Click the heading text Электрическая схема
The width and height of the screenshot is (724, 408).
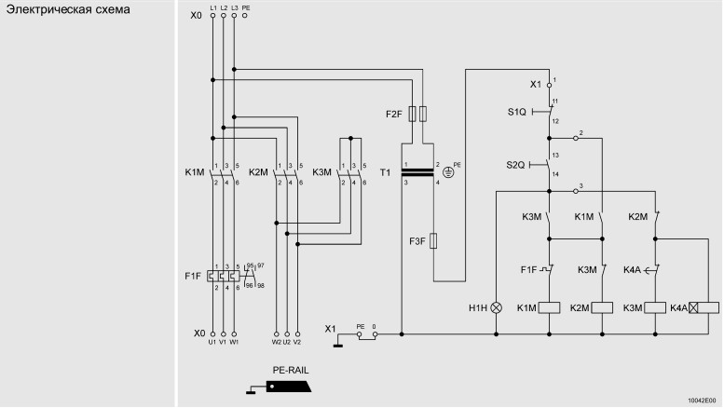(x=68, y=9)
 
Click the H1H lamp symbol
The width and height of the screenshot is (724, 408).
(x=497, y=307)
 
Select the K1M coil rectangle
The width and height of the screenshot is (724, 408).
(x=550, y=307)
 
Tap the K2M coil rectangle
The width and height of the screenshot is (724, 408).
(x=602, y=307)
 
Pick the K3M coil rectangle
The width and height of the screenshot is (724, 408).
(x=655, y=307)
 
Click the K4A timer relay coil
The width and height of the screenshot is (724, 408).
(x=704, y=307)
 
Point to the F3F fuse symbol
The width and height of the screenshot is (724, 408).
(x=433, y=241)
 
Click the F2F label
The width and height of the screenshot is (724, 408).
(x=394, y=114)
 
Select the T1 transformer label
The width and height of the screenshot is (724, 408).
(x=385, y=172)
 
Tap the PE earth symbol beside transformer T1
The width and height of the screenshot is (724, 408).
(x=448, y=172)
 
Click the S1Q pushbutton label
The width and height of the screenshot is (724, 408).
(x=517, y=112)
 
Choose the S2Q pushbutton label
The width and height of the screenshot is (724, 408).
(x=515, y=165)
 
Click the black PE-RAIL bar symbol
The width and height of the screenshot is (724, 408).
(x=289, y=387)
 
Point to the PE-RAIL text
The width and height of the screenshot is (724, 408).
(x=291, y=370)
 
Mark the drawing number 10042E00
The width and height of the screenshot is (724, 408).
(x=702, y=401)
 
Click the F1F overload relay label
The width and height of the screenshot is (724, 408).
(x=193, y=277)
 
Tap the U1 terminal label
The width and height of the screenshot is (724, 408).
(x=212, y=342)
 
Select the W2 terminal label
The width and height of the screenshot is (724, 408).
(x=276, y=342)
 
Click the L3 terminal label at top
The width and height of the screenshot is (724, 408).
(x=235, y=8)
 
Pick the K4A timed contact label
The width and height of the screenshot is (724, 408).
(x=632, y=270)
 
